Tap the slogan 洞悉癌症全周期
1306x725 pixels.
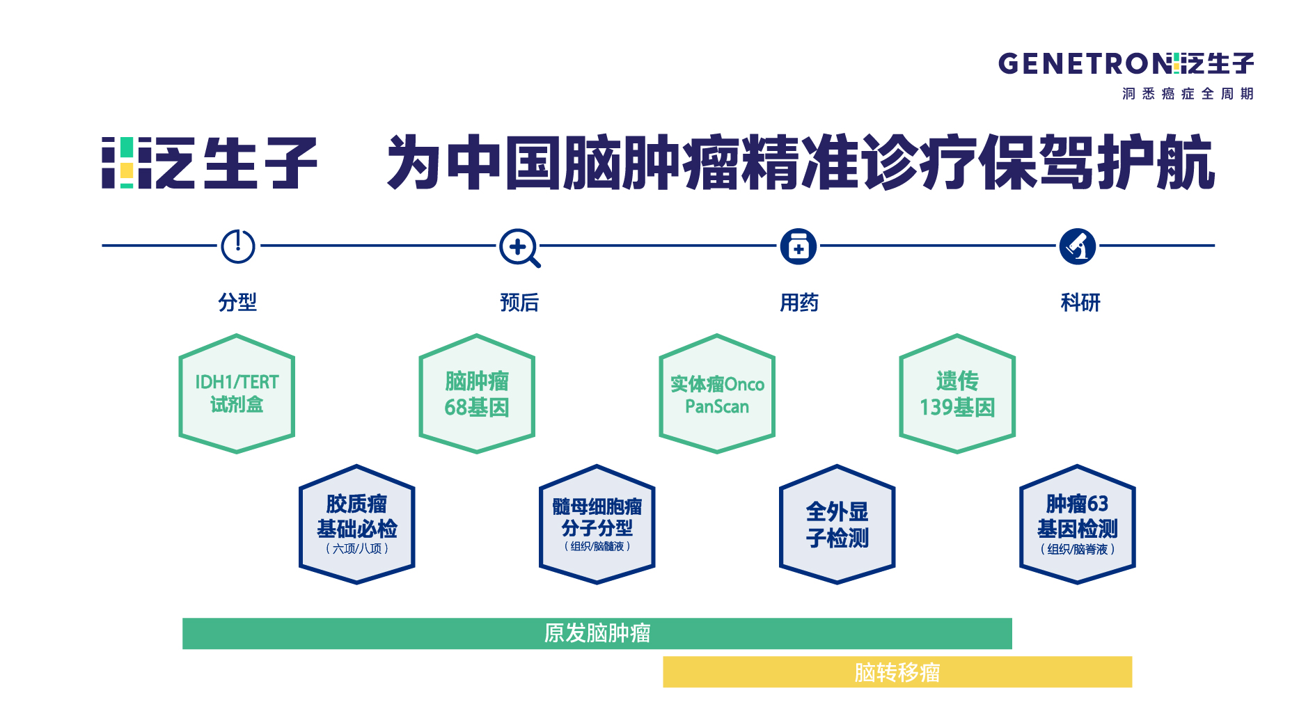click(x=1188, y=93)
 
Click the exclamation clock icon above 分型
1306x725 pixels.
click(x=238, y=246)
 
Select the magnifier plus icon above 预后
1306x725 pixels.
click(x=520, y=248)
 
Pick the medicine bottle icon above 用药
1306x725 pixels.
click(x=798, y=246)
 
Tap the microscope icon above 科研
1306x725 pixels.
click(x=1078, y=246)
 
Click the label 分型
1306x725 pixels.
click(x=237, y=302)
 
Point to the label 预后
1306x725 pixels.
click(x=519, y=302)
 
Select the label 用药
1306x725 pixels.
click(x=799, y=302)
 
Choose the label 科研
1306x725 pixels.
click(x=1080, y=302)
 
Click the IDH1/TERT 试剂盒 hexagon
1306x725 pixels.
click(x=237, y=394)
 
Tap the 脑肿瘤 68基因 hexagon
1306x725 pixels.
click(x=477, y=394)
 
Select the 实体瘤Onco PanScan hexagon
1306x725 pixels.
click(x=717, y=394)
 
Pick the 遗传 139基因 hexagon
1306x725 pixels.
click(x=957, y=394)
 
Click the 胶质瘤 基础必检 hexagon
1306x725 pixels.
click(x=357, y=525)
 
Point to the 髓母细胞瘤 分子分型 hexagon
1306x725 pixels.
click(x=597, y=525)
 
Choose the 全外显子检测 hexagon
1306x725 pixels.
click(x=837, y=525)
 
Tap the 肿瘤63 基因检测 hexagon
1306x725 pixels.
click(x=1078, y=525)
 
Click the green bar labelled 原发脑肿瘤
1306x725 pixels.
click(x=597, y=634)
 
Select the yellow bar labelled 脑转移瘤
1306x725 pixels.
click(x=897, y=672)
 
